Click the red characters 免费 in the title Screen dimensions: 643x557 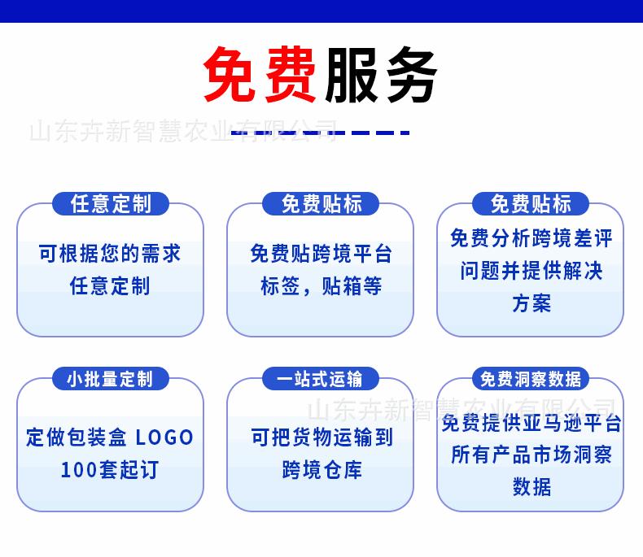pos(260,74)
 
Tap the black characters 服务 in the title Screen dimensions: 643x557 pos(381,74)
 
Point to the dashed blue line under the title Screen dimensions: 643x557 pos(320,133)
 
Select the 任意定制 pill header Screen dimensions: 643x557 pos(111,203)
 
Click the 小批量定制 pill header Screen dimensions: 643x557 pos(111,378)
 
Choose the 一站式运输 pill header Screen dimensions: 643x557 pos(320,378)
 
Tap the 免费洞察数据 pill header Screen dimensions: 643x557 pos(531,378)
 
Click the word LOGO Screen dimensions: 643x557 pos(164,437)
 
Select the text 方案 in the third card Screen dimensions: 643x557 pos(531,303)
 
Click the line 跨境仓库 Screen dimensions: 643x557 pos(322,470)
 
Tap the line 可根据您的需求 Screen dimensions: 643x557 pos(110,253)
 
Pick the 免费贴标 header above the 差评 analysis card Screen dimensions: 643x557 pos(531,203)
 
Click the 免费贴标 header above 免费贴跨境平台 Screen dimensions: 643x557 pos(320,203)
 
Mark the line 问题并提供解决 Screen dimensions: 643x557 pos(531,271)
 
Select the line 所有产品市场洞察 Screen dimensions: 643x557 pos(531,455)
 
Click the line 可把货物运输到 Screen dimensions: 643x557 pos(322,437)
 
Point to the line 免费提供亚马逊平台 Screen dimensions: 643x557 pos(531,423)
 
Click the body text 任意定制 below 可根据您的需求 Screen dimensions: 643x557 pos(110,285)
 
